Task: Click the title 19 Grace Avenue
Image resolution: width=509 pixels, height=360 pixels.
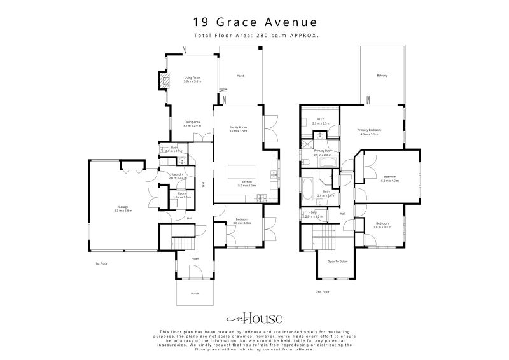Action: (x=254, y=22)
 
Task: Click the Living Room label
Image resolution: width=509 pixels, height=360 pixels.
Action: (x=192, y=80)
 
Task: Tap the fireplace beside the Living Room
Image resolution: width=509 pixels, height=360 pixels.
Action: (x=164, y=80)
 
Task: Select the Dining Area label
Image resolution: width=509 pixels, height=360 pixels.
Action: (x=192, y=124)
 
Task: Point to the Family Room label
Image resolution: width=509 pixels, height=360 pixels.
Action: (x=238, y=129)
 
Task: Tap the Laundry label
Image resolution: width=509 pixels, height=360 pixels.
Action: (x=179, y=176)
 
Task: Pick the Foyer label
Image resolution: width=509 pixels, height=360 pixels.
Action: (x=195, y=259)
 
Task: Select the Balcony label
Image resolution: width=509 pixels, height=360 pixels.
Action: (x=382, y=76)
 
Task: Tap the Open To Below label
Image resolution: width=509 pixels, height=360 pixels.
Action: (x=337, y=261)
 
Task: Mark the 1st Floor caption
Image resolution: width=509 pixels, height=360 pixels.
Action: (x=101, y=263)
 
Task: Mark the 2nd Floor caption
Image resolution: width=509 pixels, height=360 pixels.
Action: (x=322, y=291)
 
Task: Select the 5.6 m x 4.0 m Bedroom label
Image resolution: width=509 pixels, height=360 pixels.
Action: (x=389, y=179)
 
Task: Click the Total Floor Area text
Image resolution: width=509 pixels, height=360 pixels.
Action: (x=254, y=36)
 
